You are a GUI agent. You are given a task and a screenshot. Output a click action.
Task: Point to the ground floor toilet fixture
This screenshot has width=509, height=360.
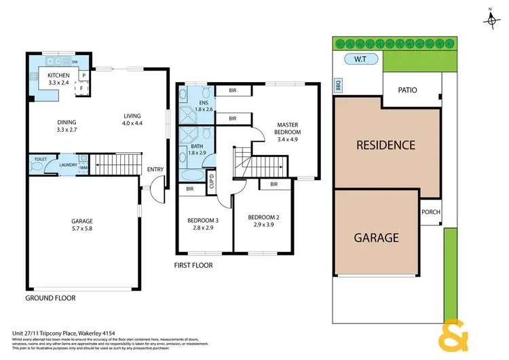[x=38, y=165]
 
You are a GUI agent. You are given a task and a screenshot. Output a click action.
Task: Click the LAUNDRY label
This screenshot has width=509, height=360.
[x=68, y=164]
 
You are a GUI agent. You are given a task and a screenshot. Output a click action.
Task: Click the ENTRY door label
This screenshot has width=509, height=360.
[x=155, y=170]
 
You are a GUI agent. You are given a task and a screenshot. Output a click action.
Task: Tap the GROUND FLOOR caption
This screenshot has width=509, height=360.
[x=50, y=298]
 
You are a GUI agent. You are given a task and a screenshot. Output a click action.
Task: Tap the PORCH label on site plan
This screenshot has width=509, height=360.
[x=431, y=212]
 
